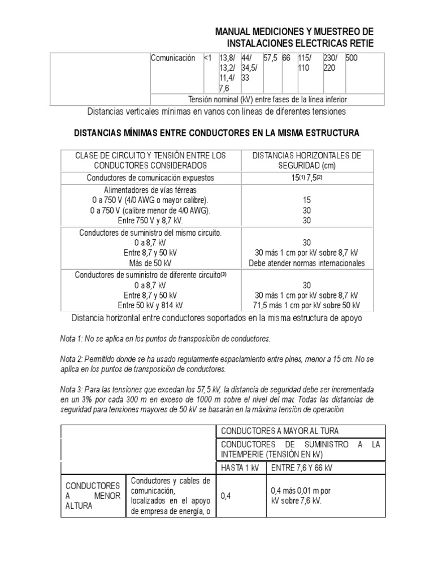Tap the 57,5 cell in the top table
(272, 58)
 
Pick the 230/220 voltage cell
(331, 63)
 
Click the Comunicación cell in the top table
(172, 58)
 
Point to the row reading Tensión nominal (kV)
(267, 99)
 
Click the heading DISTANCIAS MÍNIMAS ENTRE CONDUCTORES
(217, 133)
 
